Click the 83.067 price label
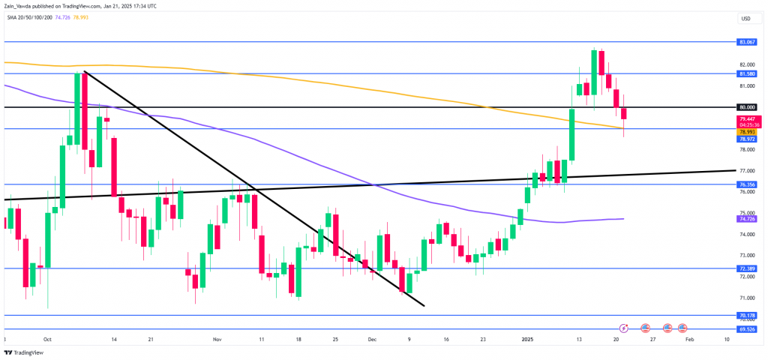pos(746,42)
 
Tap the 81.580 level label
pos(746,74)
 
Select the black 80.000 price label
pos(746,107)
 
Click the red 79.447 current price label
pos(746,118)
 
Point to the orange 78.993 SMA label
pos(746,131)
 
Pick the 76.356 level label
pos(746,184)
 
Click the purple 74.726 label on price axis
pos(746,218)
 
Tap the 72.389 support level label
pos(746,268)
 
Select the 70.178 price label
pos(746,316)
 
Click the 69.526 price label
pos(746,328)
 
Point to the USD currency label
pos(745,19)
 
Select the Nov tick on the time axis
pos(217,339)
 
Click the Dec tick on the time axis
pos(372,339)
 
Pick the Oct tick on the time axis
pos(48,339)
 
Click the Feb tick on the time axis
pos(691,339)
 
